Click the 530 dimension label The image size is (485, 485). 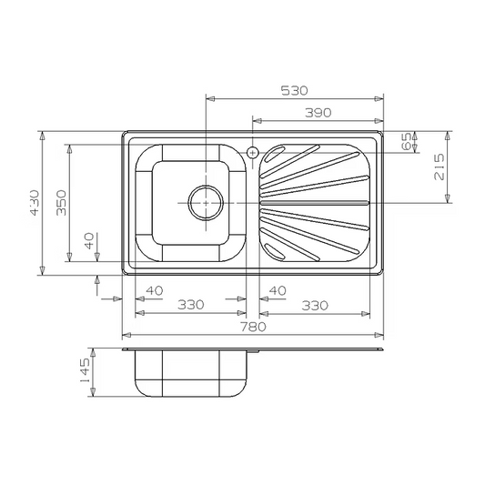click(294, 90)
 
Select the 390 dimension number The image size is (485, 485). click(318, 113)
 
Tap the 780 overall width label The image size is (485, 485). click(253, 327)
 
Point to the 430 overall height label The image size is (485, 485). click(35, 203)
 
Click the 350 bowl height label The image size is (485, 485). click(61, 203)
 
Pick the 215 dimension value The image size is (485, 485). click(439, 167)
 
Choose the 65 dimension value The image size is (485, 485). click(407, 141)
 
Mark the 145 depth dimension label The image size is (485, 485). click(85, 370)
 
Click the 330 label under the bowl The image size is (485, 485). click(191, 305)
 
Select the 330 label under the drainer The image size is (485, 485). click(315, 306)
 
